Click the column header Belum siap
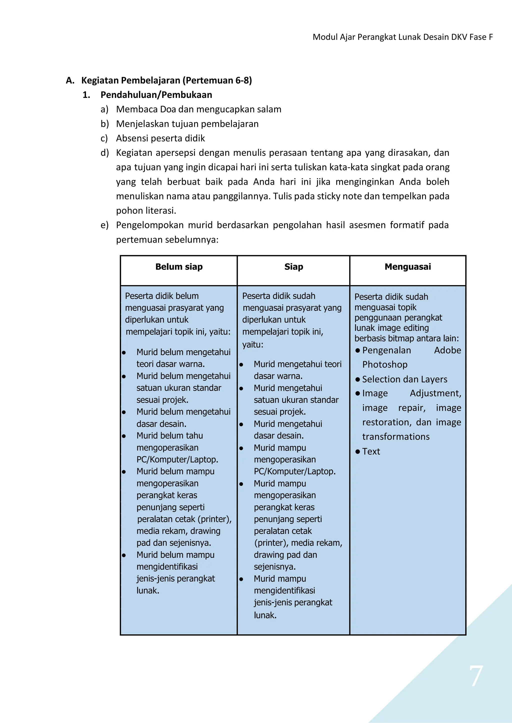pos(179,267)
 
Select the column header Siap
pos(293,267)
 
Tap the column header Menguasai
pos(408,267)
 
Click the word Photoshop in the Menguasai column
pos(385,365)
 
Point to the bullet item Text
pos(371,452)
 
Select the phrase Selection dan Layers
pos(404,379)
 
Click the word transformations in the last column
pos(396,437)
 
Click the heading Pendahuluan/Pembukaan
pos(156,95)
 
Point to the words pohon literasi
pos(146,210)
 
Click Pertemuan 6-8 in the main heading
pos(218,80)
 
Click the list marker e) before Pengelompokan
pos(104,225)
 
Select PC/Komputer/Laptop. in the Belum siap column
pos(177,460)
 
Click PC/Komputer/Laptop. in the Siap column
pos(294,472)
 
